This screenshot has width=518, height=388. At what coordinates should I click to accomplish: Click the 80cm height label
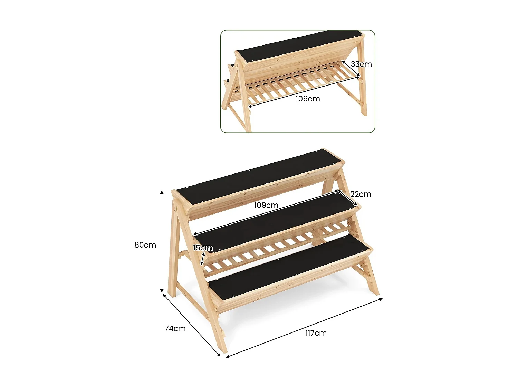coord(145,245)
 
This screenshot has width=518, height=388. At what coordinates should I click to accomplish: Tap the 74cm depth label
coord(175,328)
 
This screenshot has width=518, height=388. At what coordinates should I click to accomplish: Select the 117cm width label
coord(316,333)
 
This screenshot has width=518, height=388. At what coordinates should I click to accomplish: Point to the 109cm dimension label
coord(266,205)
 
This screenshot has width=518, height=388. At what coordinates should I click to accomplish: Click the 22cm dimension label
coord(361,194)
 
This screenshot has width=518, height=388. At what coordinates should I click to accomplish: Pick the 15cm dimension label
coord(202,248)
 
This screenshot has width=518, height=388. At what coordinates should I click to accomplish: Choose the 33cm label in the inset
coord(361,64)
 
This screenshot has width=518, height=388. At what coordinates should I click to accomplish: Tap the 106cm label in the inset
coord(307,99)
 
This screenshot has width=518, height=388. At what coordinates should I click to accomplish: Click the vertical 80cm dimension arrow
coord(162,241)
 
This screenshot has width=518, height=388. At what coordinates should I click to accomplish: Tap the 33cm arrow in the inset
coord(351,69)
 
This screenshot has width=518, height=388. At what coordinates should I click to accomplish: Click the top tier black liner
coord(259,176)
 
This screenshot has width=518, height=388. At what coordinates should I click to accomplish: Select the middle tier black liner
coord(276,221)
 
